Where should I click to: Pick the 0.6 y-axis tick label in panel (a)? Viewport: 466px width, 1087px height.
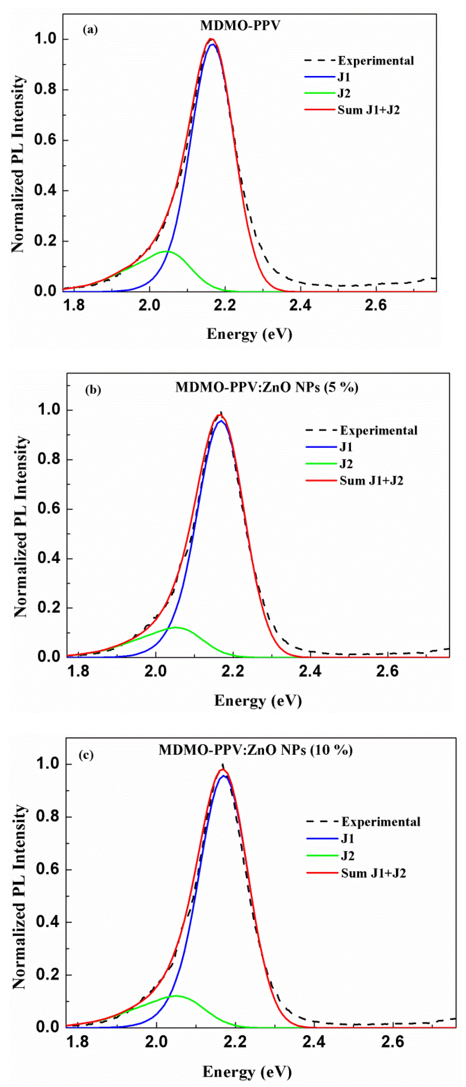(45, 141)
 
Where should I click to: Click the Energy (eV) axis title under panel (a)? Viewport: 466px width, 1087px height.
(249, 334)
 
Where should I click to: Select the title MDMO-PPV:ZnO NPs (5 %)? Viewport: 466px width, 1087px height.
(267, 387)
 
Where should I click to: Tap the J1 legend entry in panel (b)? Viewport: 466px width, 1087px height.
(346, 447)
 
